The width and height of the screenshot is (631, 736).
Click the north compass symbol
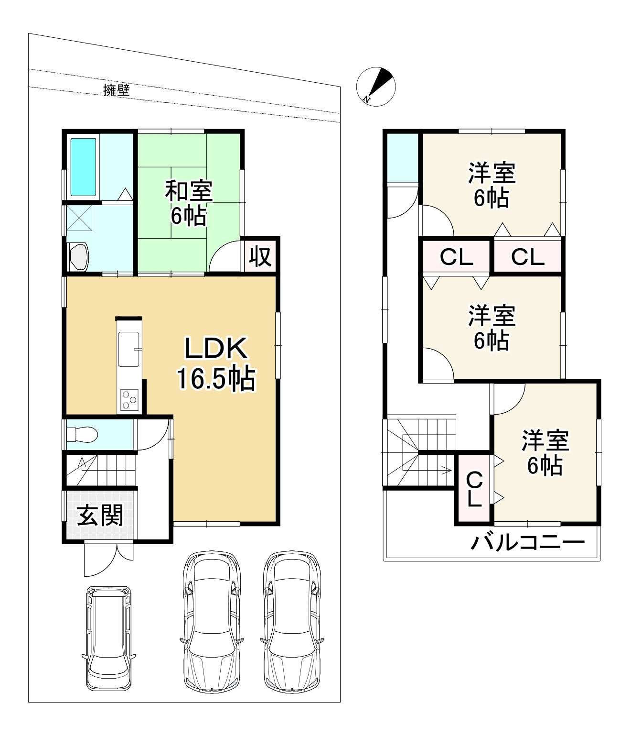[375, 87]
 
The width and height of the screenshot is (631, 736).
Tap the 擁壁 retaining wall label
[116, 90]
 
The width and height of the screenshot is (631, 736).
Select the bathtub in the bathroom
[83, 166]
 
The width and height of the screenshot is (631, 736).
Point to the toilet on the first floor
[82, 434]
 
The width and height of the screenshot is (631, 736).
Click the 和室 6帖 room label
[189, 203]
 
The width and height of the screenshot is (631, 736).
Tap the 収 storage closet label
[260, 257]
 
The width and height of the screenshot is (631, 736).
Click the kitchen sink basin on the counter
[129, 349]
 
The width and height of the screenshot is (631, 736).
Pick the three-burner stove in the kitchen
[129, 400]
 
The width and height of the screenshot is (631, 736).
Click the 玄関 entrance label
[100, 515]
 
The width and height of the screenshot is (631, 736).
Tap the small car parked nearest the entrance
[108, 638]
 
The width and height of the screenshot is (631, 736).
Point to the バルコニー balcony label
[528, 543]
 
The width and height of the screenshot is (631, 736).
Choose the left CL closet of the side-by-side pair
[456, 256]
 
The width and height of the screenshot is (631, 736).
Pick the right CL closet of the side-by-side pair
[528, 256]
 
